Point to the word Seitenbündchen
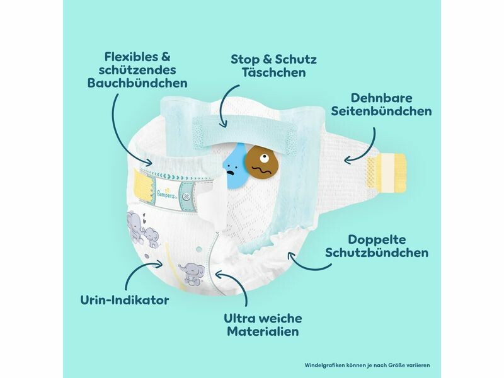[x=381, y=111]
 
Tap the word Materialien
[x=264, y=332]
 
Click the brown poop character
[x=258, y=163]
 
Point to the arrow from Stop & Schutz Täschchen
[x=222, y=111]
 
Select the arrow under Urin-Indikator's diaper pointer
[x=137, y=272]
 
